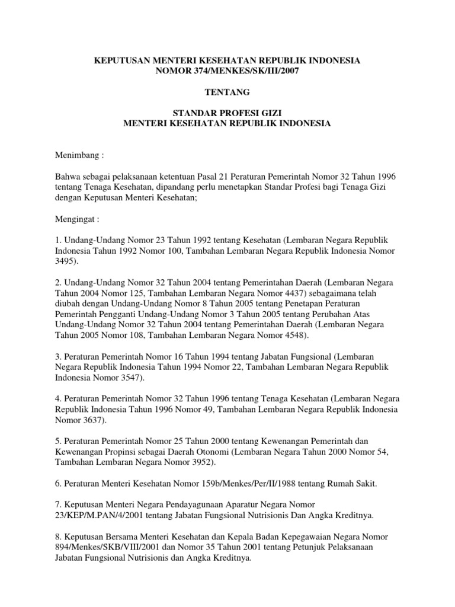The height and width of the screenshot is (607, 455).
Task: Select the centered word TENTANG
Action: click(227, 92)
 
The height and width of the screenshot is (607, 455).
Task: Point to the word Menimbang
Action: click(78, 155)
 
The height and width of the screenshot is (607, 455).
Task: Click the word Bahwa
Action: click(67, 176)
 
